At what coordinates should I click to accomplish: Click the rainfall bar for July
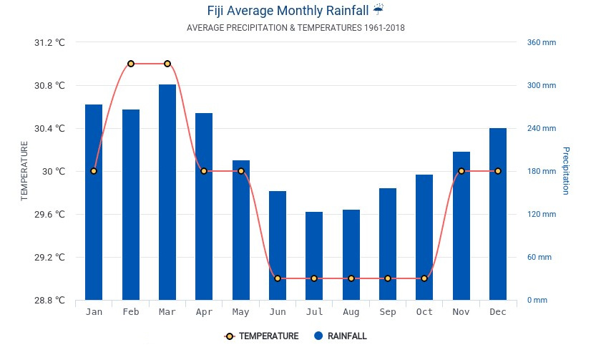tap(314, 256)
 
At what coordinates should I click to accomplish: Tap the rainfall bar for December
tap(498, 214)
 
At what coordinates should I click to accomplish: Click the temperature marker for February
tap(131, 64)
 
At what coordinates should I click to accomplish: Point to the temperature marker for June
tap(278, 278)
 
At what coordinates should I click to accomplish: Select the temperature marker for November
tap(461, 171)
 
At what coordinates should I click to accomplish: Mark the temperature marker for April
tap(204, 171)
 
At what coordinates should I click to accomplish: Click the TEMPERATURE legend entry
tap(261, 336)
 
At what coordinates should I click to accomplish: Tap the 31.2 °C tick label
tap(49, 42)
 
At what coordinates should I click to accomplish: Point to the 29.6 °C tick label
tap(49, 214)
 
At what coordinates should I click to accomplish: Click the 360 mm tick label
tap(542, 42)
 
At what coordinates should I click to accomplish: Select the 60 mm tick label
tap(539, 257)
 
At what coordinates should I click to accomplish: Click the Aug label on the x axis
tap(351, 312)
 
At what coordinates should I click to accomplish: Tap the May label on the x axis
tap(240, 312)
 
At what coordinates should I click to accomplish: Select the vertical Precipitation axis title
tap(565, 170)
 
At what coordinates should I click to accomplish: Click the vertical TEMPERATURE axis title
tap(24, 171)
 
